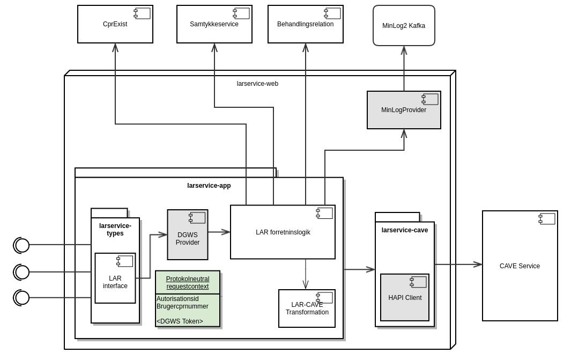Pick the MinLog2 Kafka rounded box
click(404, 26)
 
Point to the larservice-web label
click(257, 84)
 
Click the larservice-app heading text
click(209, 186)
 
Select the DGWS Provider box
click(188, 239)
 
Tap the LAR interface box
click(115, 282)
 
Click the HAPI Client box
click(405, 298)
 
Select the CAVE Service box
click(520, 266)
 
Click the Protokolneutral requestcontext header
click(188, 283)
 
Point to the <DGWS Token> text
click(180, 321)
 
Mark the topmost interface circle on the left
click(22, 245)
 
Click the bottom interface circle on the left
click(22, 298)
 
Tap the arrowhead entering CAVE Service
click(478, 265)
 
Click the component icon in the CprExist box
click(142, 13)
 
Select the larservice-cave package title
click(405, 230)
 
